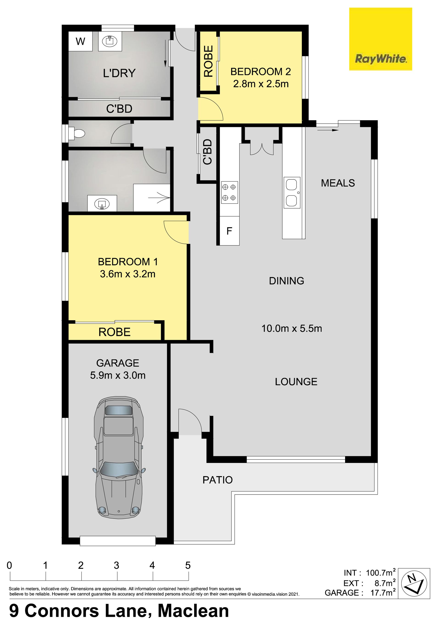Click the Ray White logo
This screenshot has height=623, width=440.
tap(380, 39)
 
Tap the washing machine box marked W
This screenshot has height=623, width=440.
tap(80, 41)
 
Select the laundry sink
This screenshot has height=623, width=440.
tap(110, 41)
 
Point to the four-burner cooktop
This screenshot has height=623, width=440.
tap(230, 192)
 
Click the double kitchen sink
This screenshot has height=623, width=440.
tap(292, 193)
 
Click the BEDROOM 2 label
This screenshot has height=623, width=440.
tap(261, 72)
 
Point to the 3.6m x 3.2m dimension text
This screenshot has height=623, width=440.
tap(128, 274)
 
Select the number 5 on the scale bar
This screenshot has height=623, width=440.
tap(188, 565)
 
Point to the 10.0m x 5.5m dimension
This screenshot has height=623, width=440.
tap(292, 329)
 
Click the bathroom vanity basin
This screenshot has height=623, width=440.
tap(102, 203)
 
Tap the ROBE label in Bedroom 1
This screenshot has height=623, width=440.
tap(114, 332)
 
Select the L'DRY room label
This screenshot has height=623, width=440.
tap(119, 73)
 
